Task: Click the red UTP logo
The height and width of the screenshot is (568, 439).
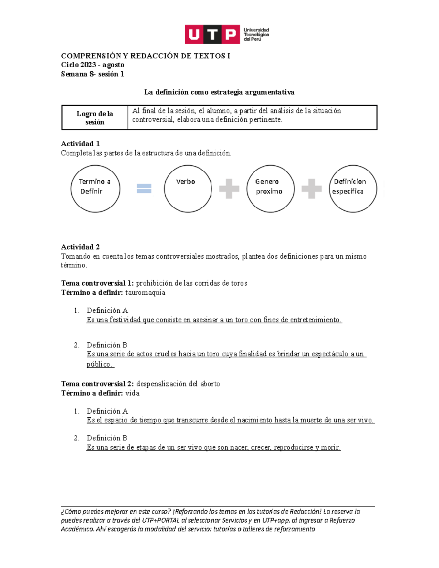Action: [x=212, y=34]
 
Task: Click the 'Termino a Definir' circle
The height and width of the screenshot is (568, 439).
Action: [x=95, y=189]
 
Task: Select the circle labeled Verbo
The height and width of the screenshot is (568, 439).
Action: [x=188, y=189]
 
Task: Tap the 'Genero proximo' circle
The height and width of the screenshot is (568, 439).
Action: [x=270, y=189]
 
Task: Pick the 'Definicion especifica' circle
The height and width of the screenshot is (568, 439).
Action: [x=353, y=189]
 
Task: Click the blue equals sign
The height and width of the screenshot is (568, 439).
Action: [x=144, y=189]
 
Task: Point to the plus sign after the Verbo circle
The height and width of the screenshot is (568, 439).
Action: [x=229, y=189]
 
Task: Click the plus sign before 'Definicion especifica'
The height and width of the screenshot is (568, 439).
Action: [x=311, y=189]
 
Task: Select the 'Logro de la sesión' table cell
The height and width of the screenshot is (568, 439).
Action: [x=95, y=118]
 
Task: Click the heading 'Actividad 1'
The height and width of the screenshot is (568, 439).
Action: [x=80, y=144]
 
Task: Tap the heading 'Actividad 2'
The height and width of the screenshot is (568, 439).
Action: [x=80, y=247]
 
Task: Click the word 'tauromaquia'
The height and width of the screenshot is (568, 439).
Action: [x=145, y=293]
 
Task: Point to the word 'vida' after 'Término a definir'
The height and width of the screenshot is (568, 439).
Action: [x=132, y=393]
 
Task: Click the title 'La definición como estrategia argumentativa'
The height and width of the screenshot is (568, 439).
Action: [x=219, y=92]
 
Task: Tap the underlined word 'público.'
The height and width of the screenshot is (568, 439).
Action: [x=100, y=364]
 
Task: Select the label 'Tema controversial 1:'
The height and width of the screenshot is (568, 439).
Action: [x=97, y=283]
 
